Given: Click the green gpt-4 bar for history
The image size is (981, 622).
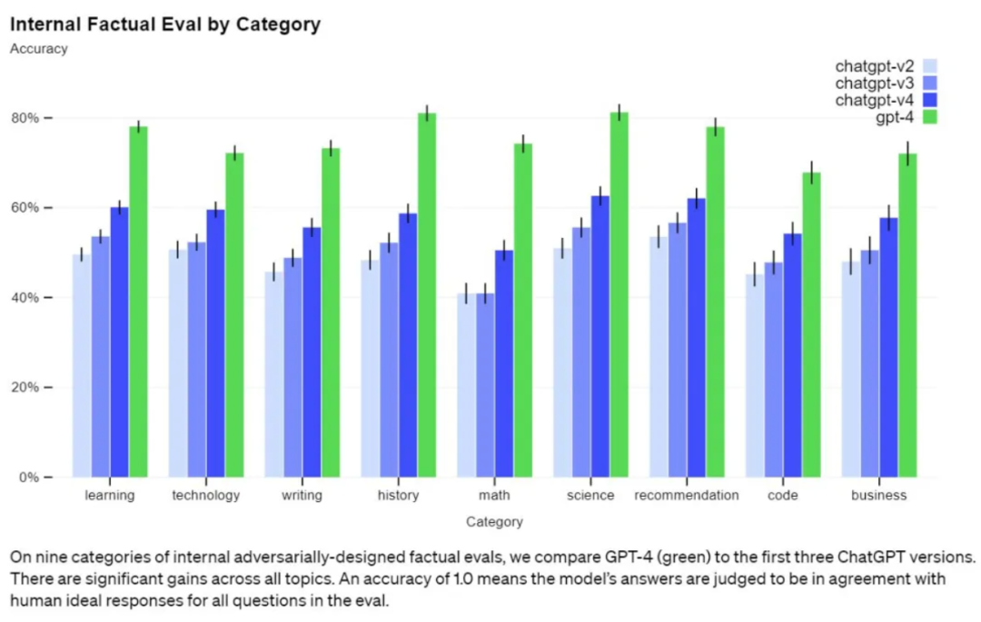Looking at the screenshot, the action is tap(427, 295).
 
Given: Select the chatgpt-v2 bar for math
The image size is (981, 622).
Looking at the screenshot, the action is tap(466, 385).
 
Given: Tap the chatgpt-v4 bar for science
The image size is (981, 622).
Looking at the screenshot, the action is tap(600, 336).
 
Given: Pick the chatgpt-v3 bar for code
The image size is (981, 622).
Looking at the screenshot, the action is tap(774, 370).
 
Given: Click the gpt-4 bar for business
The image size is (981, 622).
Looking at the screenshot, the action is tap(907, 316).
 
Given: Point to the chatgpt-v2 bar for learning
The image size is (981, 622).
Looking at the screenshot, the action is tap(82, 366).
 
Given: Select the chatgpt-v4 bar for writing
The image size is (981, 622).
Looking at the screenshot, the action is tap(312, 352).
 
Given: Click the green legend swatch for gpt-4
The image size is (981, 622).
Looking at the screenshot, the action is tap(930, 117).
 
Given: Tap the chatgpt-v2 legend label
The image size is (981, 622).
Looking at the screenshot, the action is tap(874, 66).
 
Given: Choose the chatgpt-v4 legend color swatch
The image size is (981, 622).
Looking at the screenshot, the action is tap(930, 100).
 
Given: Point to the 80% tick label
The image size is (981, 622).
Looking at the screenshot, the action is tap(25, 118).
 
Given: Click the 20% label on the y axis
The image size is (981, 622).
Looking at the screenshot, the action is tap(25, 388).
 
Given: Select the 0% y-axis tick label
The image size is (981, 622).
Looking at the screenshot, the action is tap(29, 478).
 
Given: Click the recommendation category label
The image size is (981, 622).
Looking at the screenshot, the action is tap(687, 495).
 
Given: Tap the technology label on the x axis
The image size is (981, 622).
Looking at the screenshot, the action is tap(206, 495).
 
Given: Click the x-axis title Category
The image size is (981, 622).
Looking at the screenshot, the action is tap(494, 521).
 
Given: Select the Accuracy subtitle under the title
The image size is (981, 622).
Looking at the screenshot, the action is tap(39, 49).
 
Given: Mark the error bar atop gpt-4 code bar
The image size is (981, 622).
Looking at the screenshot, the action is tap(811, 173).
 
